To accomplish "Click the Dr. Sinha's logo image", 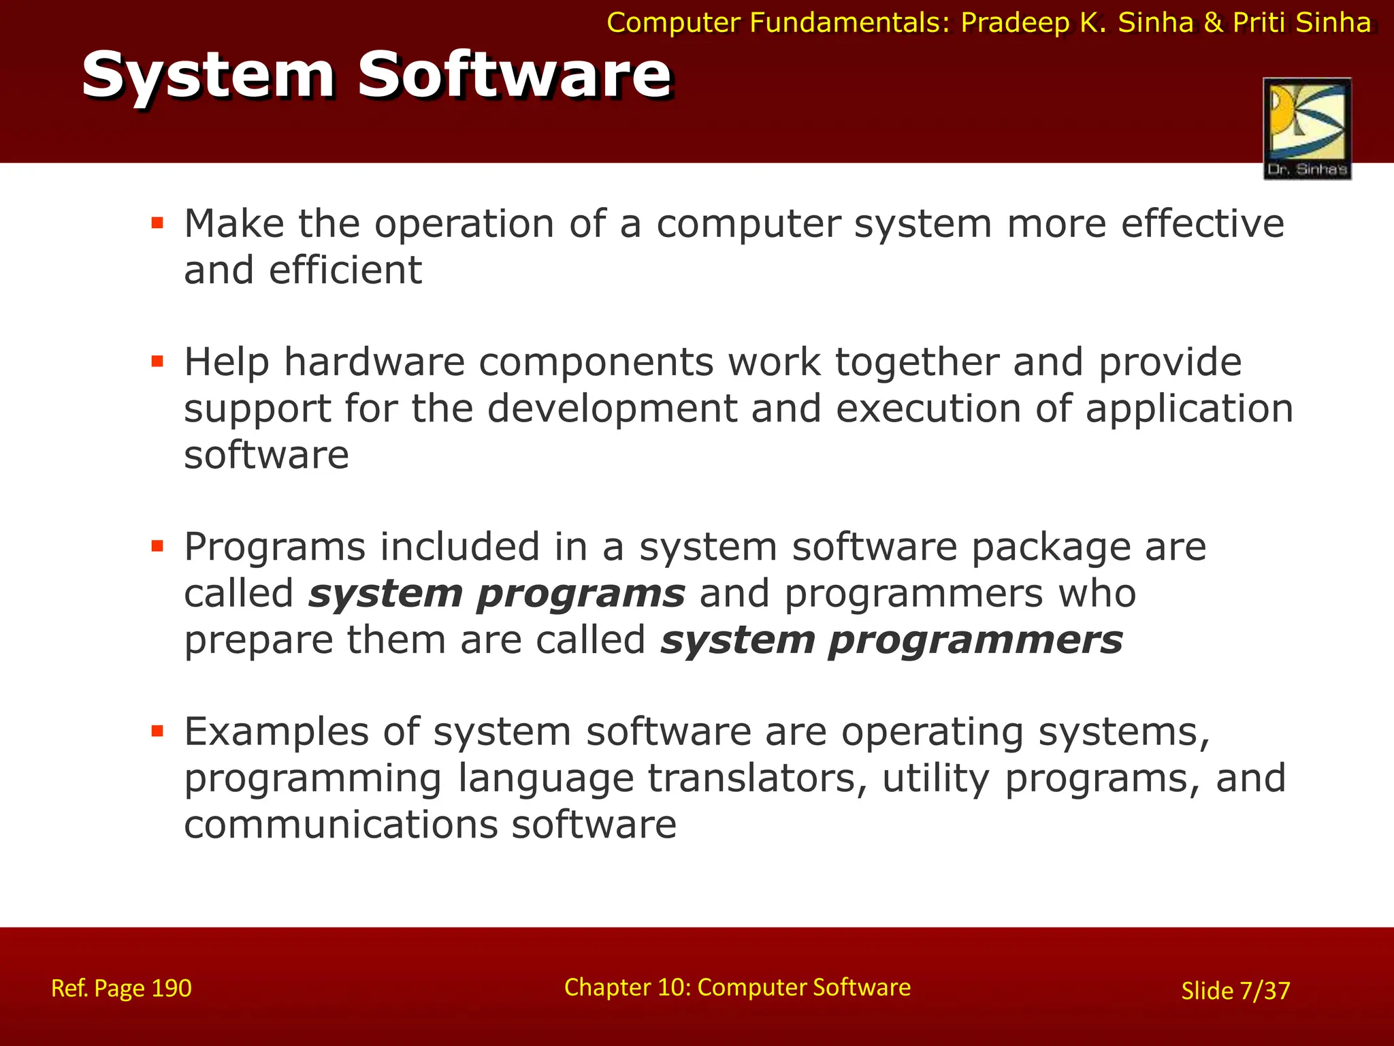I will [1307, 129].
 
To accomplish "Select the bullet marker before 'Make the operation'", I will [158, 223].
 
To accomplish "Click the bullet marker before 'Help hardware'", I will [158, 361].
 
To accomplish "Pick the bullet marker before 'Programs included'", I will [158, 546].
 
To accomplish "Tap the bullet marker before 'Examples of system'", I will [158, 731].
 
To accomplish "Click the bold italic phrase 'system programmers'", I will [891, 640].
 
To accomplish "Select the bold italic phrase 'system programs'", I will [496, 594].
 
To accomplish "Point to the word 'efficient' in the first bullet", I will [345, 270].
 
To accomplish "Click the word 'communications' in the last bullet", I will [341, 825].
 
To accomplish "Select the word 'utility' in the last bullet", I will [935, 778].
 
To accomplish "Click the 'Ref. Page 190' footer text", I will [121, 988].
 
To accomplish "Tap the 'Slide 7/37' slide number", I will [1235, 990].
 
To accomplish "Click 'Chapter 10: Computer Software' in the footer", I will [737, 987].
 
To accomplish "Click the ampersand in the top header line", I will [1214, 23].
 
